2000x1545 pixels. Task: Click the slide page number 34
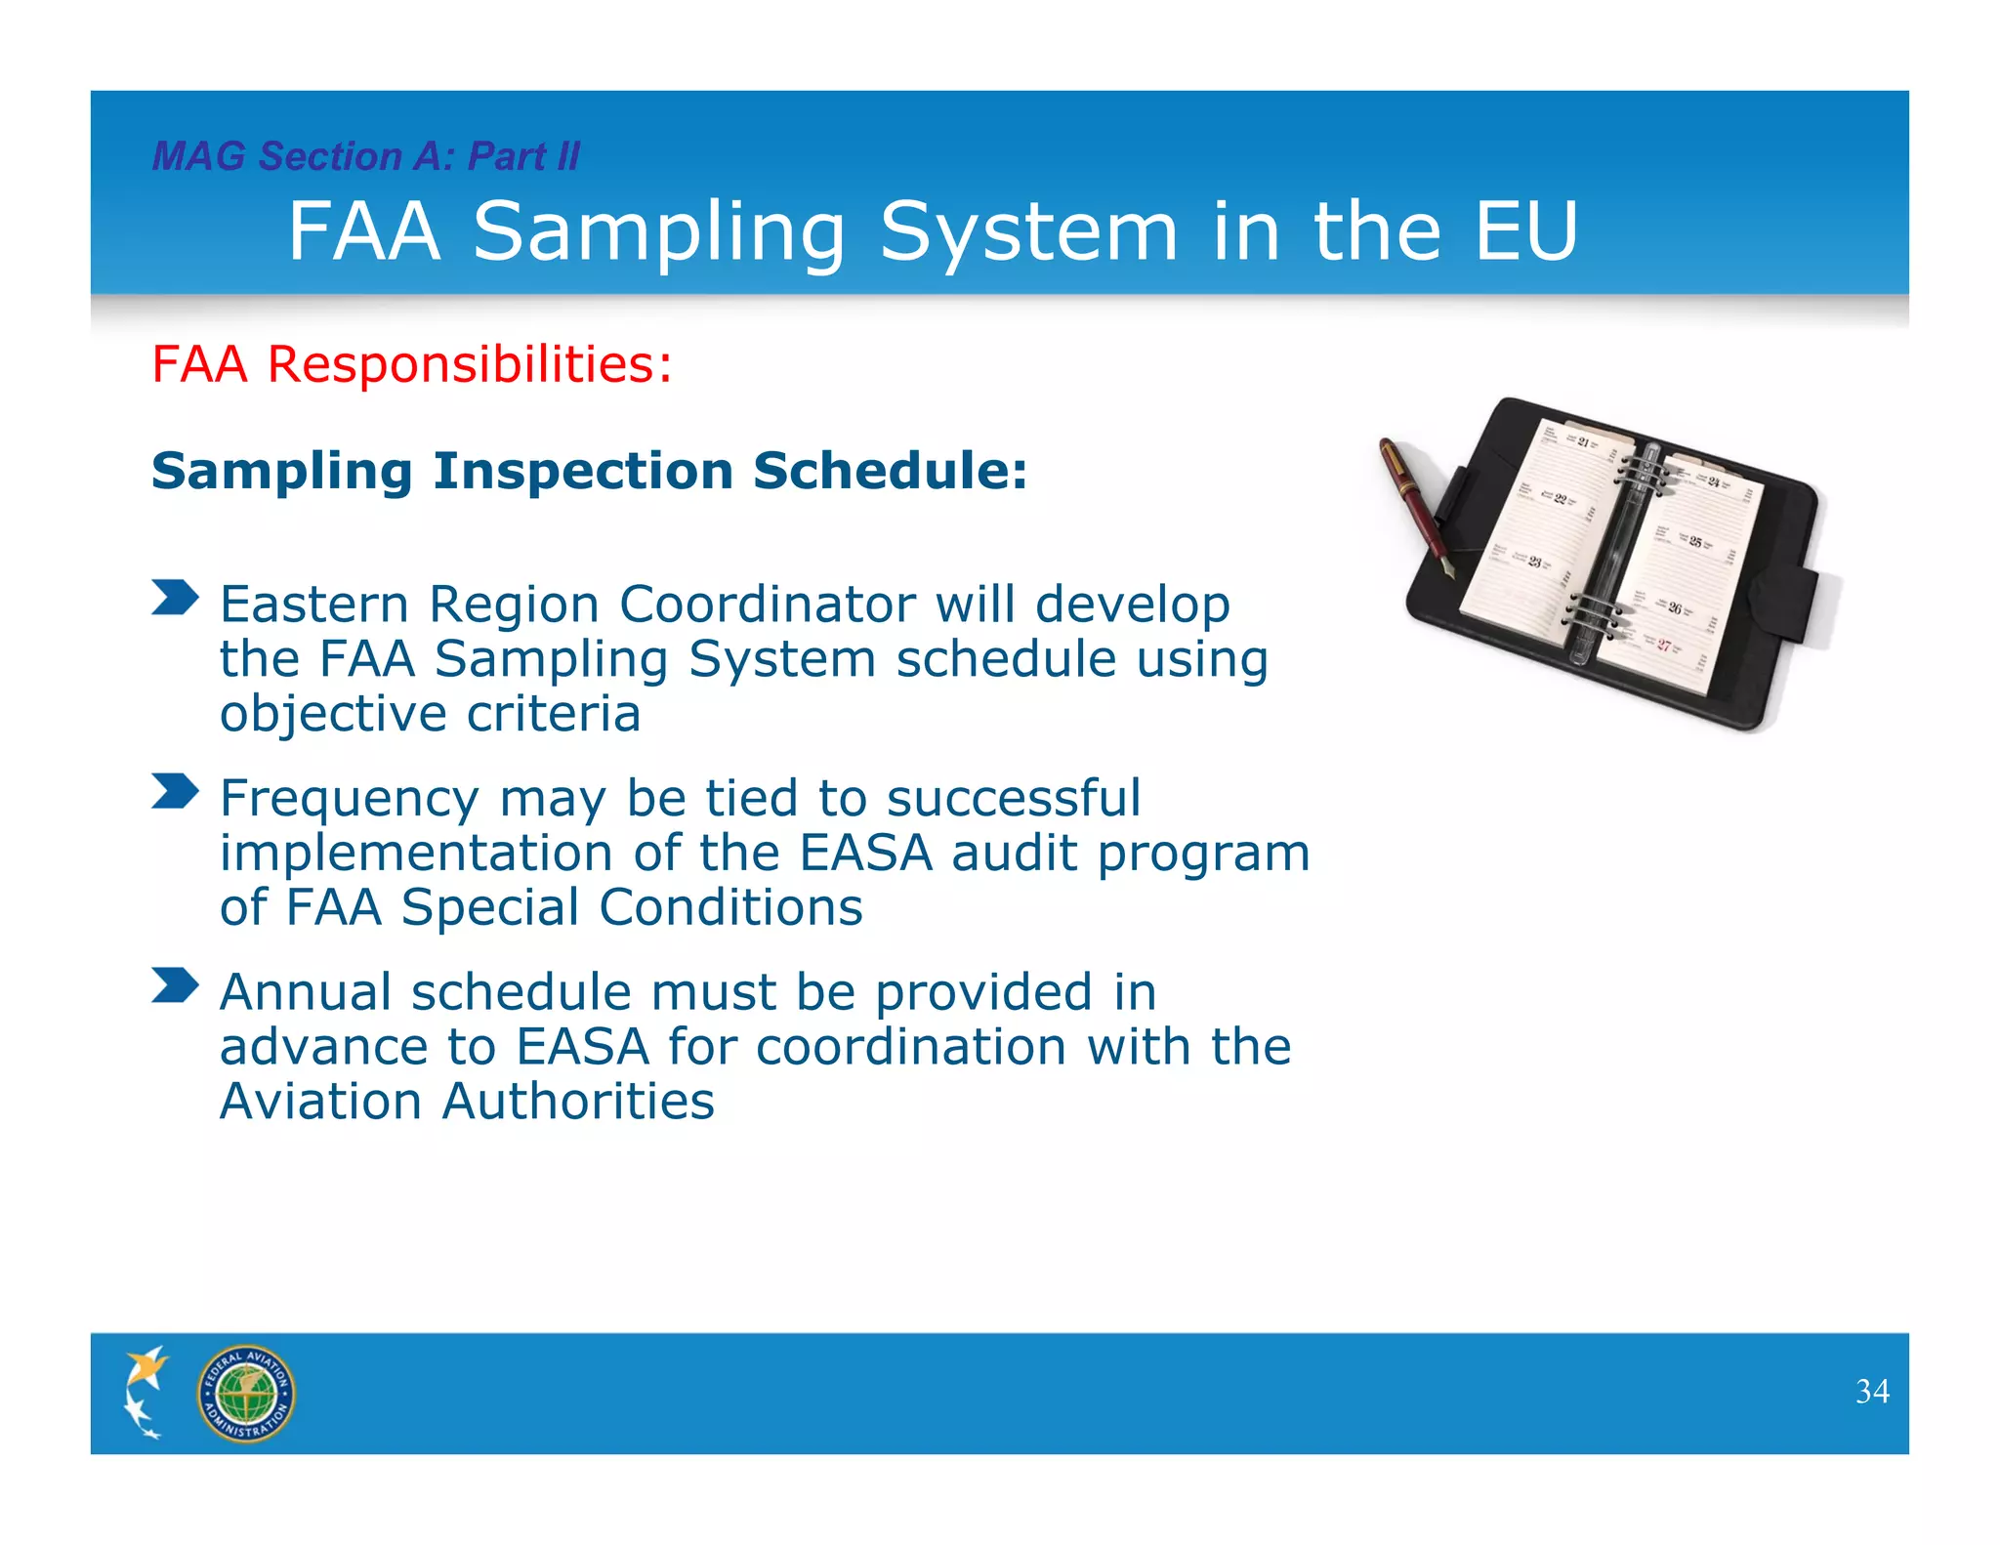(x=1871, y=1391)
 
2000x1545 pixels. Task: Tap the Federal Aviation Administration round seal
(x=245, y=1394)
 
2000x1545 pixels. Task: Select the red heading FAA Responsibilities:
(x=411, y=364)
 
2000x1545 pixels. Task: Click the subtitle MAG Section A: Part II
(x=366, y=156)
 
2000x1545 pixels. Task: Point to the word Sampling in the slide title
(x=659, y=232)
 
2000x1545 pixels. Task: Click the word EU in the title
(x=1525, y=231)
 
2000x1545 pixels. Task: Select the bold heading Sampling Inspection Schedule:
(x=589, y=471)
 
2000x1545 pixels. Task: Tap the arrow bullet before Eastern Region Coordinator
(x=175, y=597)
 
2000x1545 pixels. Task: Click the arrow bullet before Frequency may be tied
(x=175, y=791)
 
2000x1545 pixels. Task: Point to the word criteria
(x=553, y=713)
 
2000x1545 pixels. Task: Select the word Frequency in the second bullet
(x=349, y=799)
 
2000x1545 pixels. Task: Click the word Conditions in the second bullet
(x=729, y=907)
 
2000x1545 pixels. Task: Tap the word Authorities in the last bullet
(x=577, y=1101)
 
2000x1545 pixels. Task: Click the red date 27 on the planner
(x=1663, y=645)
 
